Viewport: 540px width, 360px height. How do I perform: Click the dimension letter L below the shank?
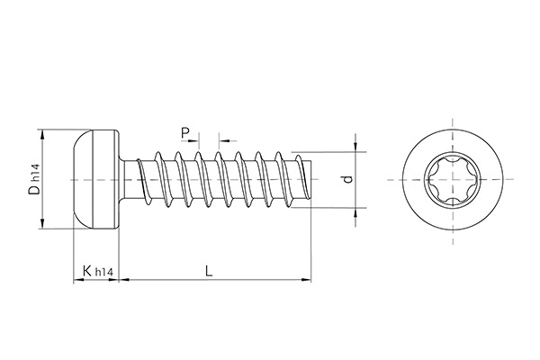pyautogui.click(x=209, y=271)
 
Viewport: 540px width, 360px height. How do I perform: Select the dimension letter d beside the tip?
pyautogui.click(x=346, y=180)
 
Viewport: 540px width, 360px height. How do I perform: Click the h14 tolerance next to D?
pyautogui.click(x=34, y=171)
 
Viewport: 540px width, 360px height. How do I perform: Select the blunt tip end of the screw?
pyautogui.click(x=309, y=181)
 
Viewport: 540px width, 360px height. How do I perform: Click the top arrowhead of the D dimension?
pyautogui.click(x=41, y=134)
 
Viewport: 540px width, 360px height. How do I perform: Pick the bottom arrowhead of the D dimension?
pyautogui.click(x=41, y=226)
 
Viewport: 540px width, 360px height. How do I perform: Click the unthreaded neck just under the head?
pyautogui.click(x=130, y=180)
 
